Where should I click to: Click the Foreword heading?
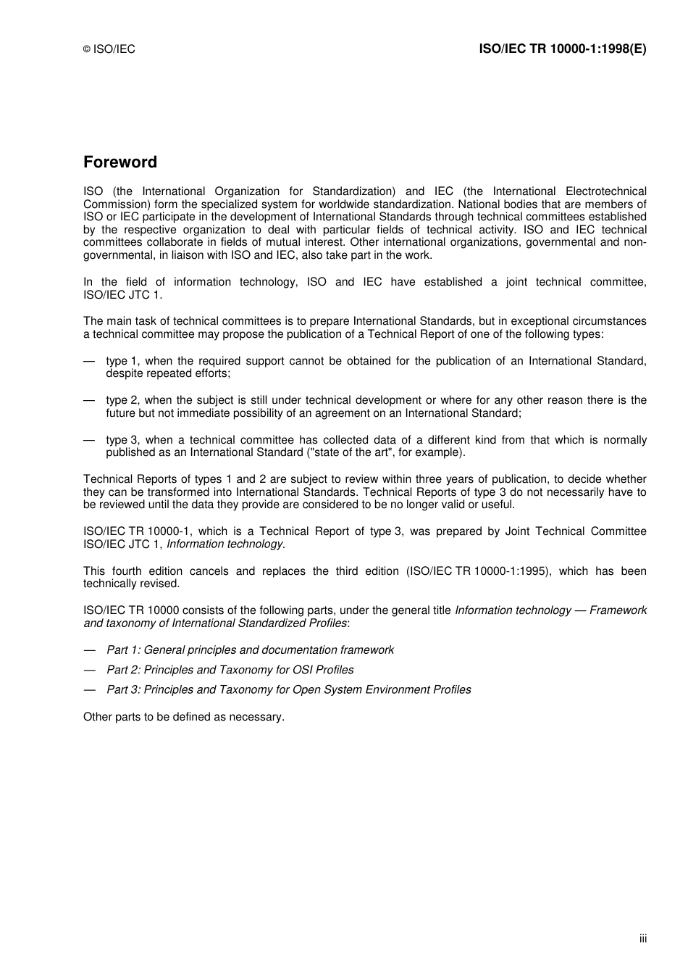119,162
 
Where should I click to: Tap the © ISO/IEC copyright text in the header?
109,49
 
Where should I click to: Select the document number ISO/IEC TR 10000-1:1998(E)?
563,49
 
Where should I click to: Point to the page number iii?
642,939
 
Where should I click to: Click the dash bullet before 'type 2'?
89,400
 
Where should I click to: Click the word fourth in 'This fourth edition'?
125,571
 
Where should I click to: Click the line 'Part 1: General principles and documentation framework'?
250,650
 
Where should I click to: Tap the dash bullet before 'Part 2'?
89,671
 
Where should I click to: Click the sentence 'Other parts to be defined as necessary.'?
184,717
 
